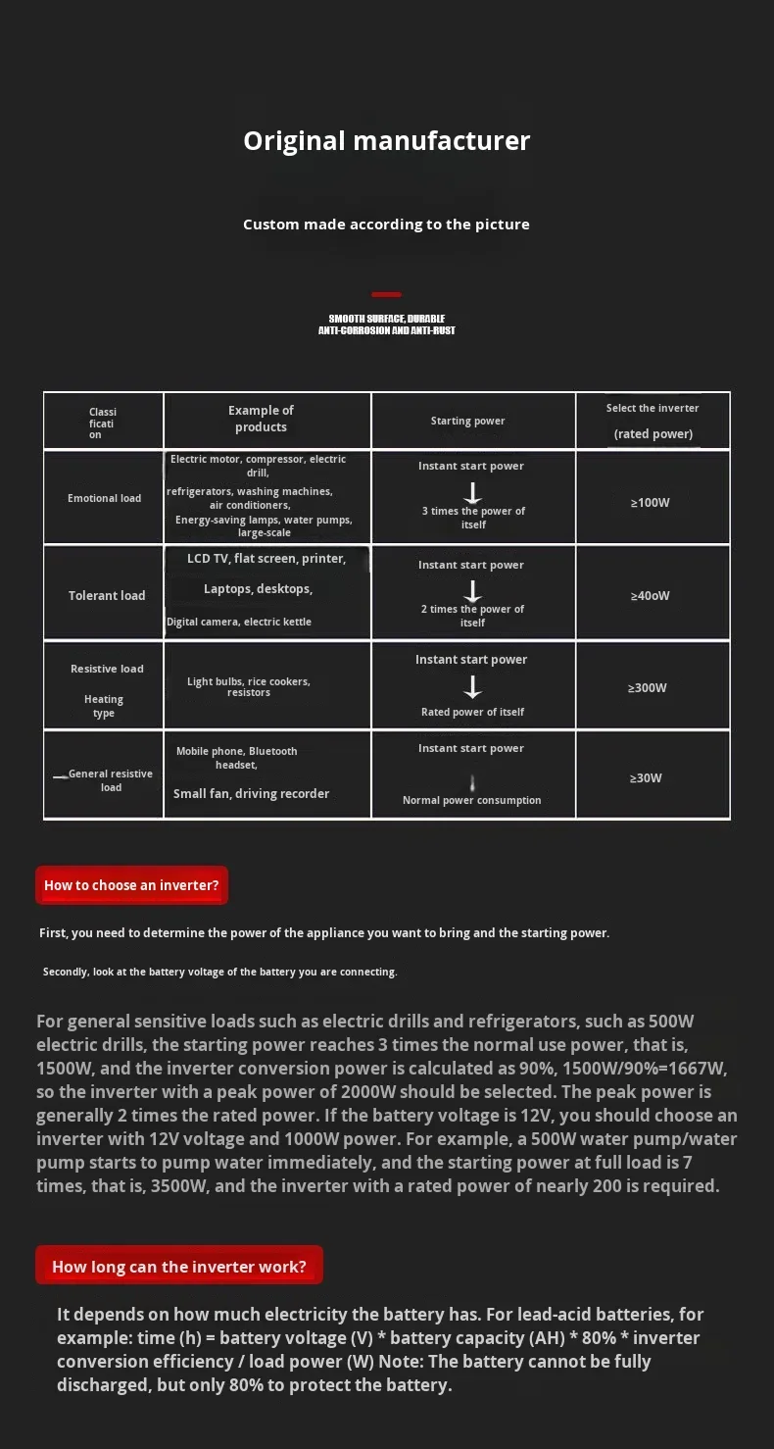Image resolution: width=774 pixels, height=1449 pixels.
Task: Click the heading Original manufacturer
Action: click(x=386, y=141)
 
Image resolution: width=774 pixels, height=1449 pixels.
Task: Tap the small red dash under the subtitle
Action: click(x=386, y=294)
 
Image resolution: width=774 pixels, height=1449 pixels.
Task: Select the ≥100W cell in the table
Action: click(x=650, y=503)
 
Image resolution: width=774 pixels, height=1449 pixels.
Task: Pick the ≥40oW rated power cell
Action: click(x=650, y=596)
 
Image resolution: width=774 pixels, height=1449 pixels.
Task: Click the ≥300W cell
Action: click(x=648, y=688)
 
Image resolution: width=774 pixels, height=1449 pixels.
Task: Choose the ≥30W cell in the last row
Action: click(x=646, y=778)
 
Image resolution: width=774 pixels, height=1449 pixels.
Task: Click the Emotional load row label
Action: click(x=104, y=498)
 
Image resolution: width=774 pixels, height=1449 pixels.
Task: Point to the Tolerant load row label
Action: click(x=107, y=596)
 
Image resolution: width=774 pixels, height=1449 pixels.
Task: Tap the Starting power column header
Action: click(x=467, y=422)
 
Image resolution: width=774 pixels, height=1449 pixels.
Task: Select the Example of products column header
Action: click(x=261, y=419)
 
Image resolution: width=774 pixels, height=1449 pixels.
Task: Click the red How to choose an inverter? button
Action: click(x=131, y=885)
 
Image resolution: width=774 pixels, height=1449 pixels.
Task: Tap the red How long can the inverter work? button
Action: click(x=179, y=1267)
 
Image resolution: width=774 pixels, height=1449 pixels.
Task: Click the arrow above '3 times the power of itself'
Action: click(x=472, y=492)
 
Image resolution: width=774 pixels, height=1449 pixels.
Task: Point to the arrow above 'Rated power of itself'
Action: click(x=472, y=687)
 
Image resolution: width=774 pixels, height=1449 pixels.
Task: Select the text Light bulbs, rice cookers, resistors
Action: click(x=249, y=687)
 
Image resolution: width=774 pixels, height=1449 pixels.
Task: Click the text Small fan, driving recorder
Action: click(x=251, y=794)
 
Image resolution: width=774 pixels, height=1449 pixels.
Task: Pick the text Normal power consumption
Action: click(x=471, y=800)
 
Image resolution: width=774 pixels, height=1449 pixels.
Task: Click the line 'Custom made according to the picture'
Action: click(x=386, y=225)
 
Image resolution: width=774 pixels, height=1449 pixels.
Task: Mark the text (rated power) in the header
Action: click(x=653, y=434)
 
